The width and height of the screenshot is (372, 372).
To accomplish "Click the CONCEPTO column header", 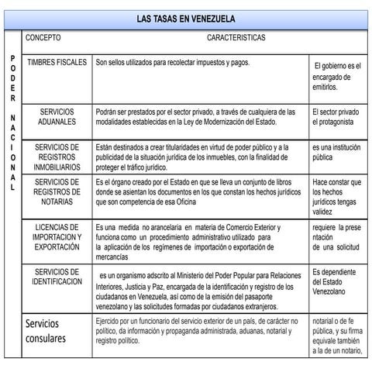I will click(43, 37).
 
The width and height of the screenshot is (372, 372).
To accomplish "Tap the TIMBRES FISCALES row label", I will click(57, 62).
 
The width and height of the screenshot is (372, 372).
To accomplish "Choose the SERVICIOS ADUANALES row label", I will click(57, 117).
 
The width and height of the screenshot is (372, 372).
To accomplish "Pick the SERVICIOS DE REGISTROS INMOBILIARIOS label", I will click(57, 156).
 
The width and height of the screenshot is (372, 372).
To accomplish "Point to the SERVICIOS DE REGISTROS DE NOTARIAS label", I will click(57, 191).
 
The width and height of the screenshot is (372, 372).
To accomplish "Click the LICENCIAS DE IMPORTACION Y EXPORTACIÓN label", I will click(57, 236).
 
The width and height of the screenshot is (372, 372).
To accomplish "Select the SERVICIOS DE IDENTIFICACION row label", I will click(57, 277).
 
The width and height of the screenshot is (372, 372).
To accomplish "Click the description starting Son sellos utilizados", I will click(172, 62).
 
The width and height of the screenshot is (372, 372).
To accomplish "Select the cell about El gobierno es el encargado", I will click(338, 77).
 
